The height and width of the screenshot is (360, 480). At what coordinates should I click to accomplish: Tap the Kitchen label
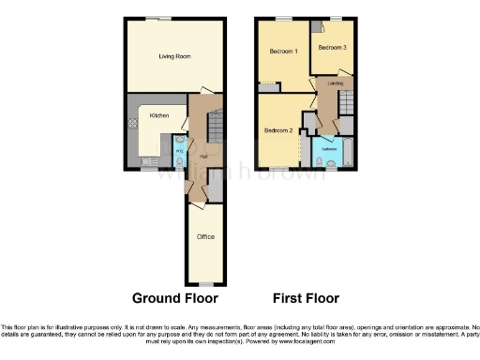coord(158,115)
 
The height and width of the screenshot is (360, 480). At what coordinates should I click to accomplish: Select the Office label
coord(205,237)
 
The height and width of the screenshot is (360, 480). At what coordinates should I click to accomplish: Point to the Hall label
coord(202,156)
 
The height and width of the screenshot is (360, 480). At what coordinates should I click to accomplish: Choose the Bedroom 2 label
coord(278,129)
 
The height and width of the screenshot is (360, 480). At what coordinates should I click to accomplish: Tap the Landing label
coord(334,83)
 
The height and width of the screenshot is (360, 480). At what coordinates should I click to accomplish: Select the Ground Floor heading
coord(174,298)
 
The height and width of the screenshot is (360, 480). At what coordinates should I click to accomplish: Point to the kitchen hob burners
coord(131,122)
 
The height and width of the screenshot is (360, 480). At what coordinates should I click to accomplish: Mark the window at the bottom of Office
coord(205,284)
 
